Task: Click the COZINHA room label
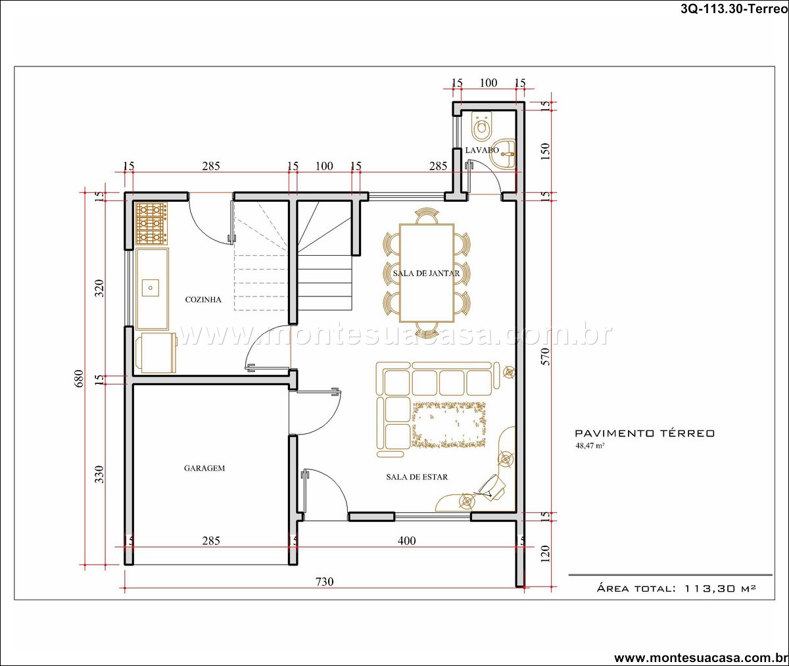tap(203, 300)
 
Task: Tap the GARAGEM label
tap(204, 468)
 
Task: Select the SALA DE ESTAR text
tap(417, 477)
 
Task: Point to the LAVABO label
tap(482, 150)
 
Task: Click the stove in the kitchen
tap(151, 224)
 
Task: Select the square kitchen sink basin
tap(151, 288)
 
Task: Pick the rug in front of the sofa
tap(449, 425)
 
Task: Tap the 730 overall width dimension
tap(325, 581)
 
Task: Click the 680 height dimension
tap(79, 378)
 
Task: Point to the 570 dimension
tap(545, 356)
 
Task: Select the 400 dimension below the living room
tap(406, 541)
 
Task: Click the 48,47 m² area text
tap(590, 446)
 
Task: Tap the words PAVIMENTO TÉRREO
tap(644, 433)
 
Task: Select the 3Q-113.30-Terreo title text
tap(734, 9)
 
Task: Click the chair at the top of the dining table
tap(427, 216)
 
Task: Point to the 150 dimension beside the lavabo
tap(545, 151)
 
